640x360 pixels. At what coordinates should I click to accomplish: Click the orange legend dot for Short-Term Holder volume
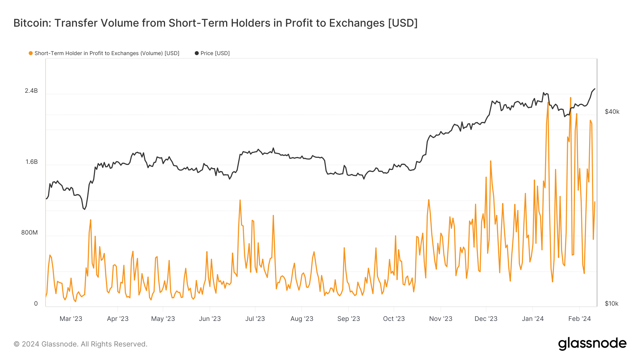[x=31, y=53]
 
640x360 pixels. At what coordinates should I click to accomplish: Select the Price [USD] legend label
[x=215, y=53]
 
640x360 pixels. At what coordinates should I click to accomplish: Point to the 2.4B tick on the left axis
[x=31, y=91]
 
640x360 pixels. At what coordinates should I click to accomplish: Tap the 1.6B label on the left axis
[x=31, y=162]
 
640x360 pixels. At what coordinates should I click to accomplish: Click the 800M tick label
[x=29, y=233]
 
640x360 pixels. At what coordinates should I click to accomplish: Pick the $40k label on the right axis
[x=612, y=112]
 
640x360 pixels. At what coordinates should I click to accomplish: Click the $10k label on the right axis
[x=612, y=304]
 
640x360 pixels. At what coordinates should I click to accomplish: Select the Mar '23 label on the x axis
[x=71, y=319]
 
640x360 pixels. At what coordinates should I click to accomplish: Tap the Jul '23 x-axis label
[x=255, y=319]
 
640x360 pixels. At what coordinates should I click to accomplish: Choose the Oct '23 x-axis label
[x=394, y=319]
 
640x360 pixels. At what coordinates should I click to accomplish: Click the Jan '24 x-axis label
[x=532, y=319]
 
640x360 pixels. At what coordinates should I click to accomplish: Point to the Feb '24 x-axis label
[x=579, y=319]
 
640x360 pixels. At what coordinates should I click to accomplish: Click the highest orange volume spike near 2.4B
[x=571, y=98]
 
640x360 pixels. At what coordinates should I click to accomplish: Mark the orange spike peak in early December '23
[x=491, y=161]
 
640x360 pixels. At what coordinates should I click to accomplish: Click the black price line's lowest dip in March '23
[x=84, y=209]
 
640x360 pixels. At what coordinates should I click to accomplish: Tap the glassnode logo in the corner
[x=592, y=344]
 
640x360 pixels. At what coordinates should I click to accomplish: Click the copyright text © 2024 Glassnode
[x=80, y=344]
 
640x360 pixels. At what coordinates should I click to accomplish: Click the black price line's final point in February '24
[x=595, y=89]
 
